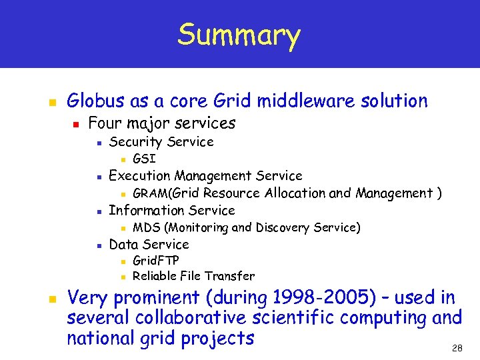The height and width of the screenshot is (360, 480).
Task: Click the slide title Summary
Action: tap(239, 35)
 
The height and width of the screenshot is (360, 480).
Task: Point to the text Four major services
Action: tap(162, 123)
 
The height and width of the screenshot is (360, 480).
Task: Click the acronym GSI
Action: tap(144, 159)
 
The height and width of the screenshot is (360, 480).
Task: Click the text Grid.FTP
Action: tap(156, 260)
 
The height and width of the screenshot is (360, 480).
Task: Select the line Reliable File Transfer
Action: tap(193, 276)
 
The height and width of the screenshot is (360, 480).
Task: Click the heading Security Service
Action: tap(161, 141)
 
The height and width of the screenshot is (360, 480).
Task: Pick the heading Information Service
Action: tap(171, 211)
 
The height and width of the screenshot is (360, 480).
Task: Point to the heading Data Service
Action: tap(149, 244)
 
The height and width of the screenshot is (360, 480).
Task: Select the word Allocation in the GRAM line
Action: tap(294, 193)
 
